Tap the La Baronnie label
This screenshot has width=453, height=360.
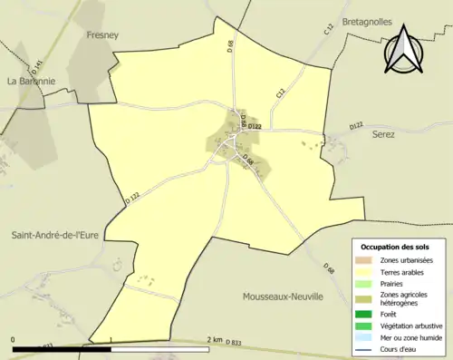(33, 81)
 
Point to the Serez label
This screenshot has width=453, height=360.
(384, 133)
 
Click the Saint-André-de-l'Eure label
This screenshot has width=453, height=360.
(55, 235)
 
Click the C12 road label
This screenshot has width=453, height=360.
(328, 30)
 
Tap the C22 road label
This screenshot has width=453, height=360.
(281, 92)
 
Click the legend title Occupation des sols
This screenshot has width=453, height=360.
(395, 247)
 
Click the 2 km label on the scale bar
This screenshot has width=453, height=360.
(214, 340)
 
